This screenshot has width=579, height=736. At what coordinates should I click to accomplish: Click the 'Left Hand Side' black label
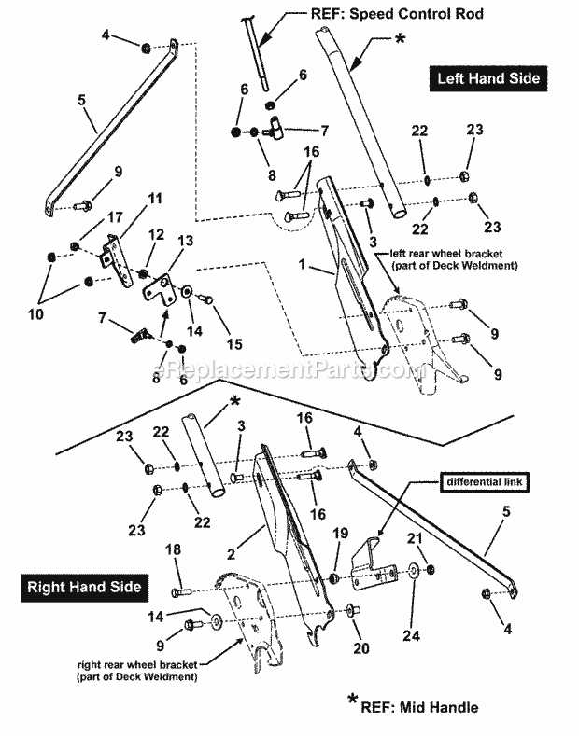(488, 78)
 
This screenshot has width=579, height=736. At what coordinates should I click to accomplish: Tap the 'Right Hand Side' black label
(84, 587)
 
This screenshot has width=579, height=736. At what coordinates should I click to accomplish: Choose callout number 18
(173, 552)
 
